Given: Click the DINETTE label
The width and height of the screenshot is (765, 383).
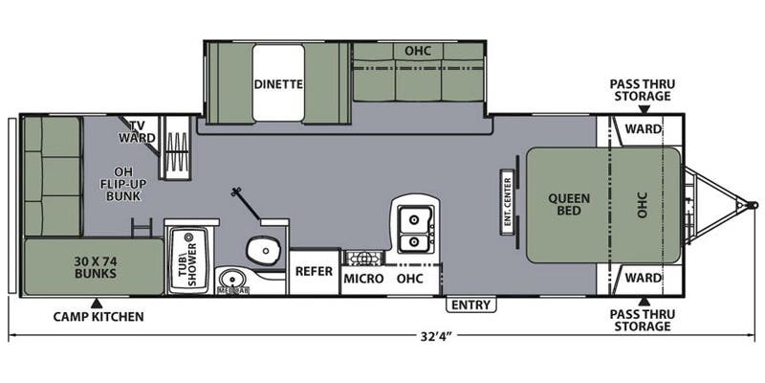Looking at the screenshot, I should tap(278, 83).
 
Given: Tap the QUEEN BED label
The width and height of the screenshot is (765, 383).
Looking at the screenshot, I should tap(569, 206).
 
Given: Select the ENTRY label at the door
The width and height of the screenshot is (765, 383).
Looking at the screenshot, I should tap(471, 305).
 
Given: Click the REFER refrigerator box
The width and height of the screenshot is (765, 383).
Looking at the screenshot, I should tap(314, 271).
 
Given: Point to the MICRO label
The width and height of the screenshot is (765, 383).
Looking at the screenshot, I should tap(364, 279).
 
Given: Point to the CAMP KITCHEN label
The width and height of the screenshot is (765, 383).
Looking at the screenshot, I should tap(98, 316).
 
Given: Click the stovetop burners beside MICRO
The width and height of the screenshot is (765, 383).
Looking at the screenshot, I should tap(363, 258).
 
